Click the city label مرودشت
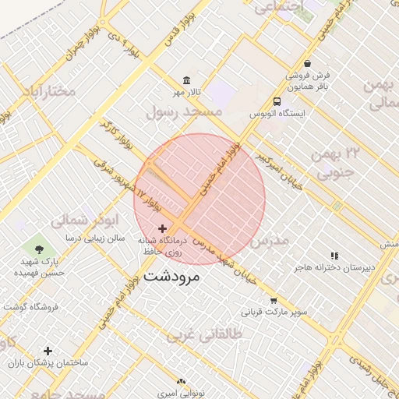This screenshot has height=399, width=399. coord(172,276)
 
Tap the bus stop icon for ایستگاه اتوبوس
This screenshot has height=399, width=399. coord(277,101)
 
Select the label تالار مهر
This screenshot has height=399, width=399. coord(187,93)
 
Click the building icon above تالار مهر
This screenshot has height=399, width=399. coord(186,80)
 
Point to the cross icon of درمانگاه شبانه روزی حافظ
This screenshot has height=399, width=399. coord(162,228)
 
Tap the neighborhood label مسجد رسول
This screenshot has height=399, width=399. coord(185,112)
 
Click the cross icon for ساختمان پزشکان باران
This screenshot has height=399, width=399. coord(48,351)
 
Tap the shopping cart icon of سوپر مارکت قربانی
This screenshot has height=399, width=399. coord(274,300)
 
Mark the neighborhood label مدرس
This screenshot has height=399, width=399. coord(270,240)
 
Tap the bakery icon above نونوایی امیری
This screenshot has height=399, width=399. coord(182,381)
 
